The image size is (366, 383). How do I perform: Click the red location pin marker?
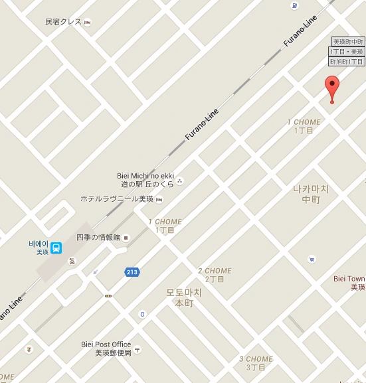(x=332, y=88)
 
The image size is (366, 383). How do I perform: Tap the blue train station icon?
(x=57, y=248)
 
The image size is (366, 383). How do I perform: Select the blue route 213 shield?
(x=132, y=272)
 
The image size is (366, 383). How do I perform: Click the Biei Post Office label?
(x=106, y=345)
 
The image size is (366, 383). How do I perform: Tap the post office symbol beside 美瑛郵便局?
(x=137, y=348)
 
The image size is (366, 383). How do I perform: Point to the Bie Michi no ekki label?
(x=145, y=176)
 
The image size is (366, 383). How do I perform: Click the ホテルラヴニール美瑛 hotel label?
(x=117, y=198)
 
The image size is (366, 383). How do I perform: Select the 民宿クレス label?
(x=63, y=22)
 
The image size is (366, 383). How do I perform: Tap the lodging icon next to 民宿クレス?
(x=87, y=22)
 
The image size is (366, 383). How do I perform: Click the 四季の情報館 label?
(x=98, y=237)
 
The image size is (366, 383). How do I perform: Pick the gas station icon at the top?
(x=294, y=5)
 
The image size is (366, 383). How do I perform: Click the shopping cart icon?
(x=312, y=260)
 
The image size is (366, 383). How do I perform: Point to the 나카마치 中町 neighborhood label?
(x=311, y=194)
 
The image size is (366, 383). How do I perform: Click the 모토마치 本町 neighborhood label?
(x=184, y=297)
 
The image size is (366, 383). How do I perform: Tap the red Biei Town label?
(x=349, y=283)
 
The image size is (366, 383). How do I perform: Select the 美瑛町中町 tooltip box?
(x=348, y=41)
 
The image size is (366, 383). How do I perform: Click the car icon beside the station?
(x=72, y=261)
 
